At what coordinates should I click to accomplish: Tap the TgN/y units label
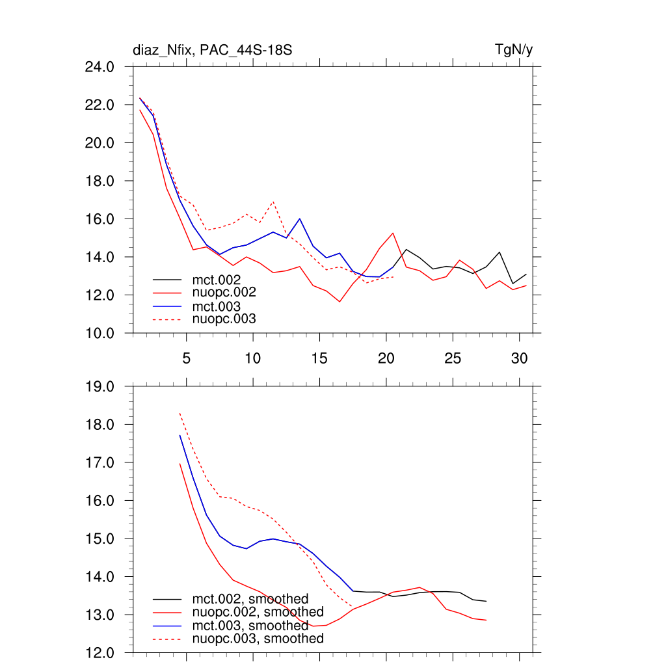(514, 49)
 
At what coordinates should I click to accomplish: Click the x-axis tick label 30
(519, 358)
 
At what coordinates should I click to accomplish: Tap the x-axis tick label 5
(187, 358)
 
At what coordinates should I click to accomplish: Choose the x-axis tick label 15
(319, 358)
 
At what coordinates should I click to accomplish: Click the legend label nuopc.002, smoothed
(258, 612)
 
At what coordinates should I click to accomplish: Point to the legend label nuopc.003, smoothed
(258, 639)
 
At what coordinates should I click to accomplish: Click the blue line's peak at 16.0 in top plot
(299, 219)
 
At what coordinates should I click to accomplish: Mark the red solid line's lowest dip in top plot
(340, 301)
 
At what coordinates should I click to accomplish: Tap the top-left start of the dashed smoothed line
(180, 413)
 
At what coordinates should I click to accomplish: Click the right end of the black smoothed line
(486, 601)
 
